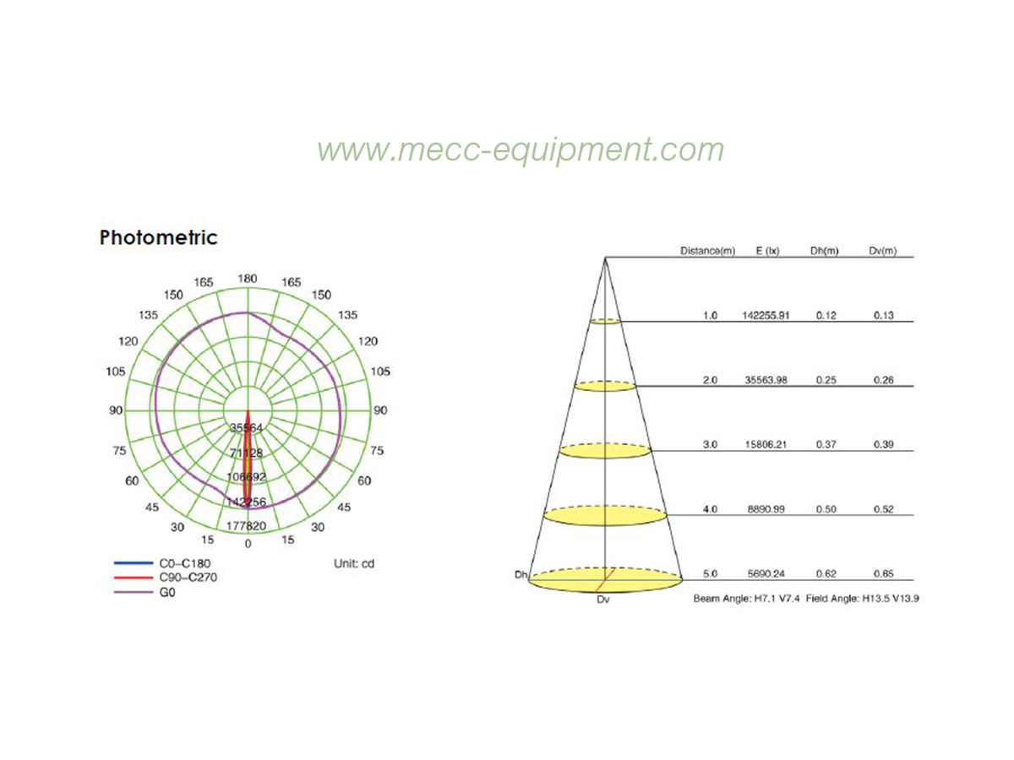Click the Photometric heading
pyautogui.click(x=158, y=237)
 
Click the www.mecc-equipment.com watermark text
pyautogui.click(x=521, y=150)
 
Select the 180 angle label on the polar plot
pyautogui.click(x=247, y=279)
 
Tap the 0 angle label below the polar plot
pyautogui.click(x=248, y=544)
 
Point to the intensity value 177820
pyautogui.click(x=246, y=525)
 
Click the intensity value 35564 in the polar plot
pyautogui.click(x=246, y=428)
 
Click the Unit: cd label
pyautogui.click(x=354, y=563)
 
